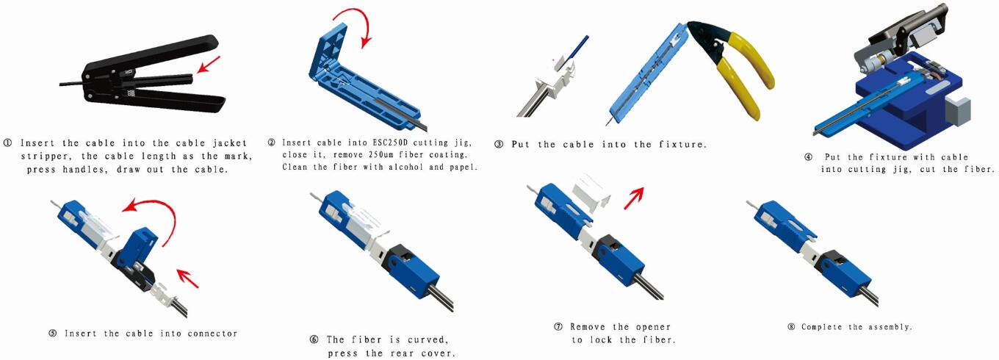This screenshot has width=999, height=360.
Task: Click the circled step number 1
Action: pos(7,143)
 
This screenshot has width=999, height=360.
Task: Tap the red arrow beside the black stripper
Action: pos(209,64)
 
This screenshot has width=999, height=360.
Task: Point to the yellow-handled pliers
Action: pos(732,67)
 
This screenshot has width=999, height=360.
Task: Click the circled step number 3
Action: pos(499,145)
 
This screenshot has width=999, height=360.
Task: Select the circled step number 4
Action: pos(808,157)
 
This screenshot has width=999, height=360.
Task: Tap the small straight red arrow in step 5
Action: pos(187,278)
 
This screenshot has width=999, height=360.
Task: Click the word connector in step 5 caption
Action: pos(212,334)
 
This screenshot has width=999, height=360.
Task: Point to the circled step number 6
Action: pos(314,340)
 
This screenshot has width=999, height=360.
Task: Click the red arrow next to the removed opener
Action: pos(634,198)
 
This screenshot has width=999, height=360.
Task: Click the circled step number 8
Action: pos(792,327)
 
